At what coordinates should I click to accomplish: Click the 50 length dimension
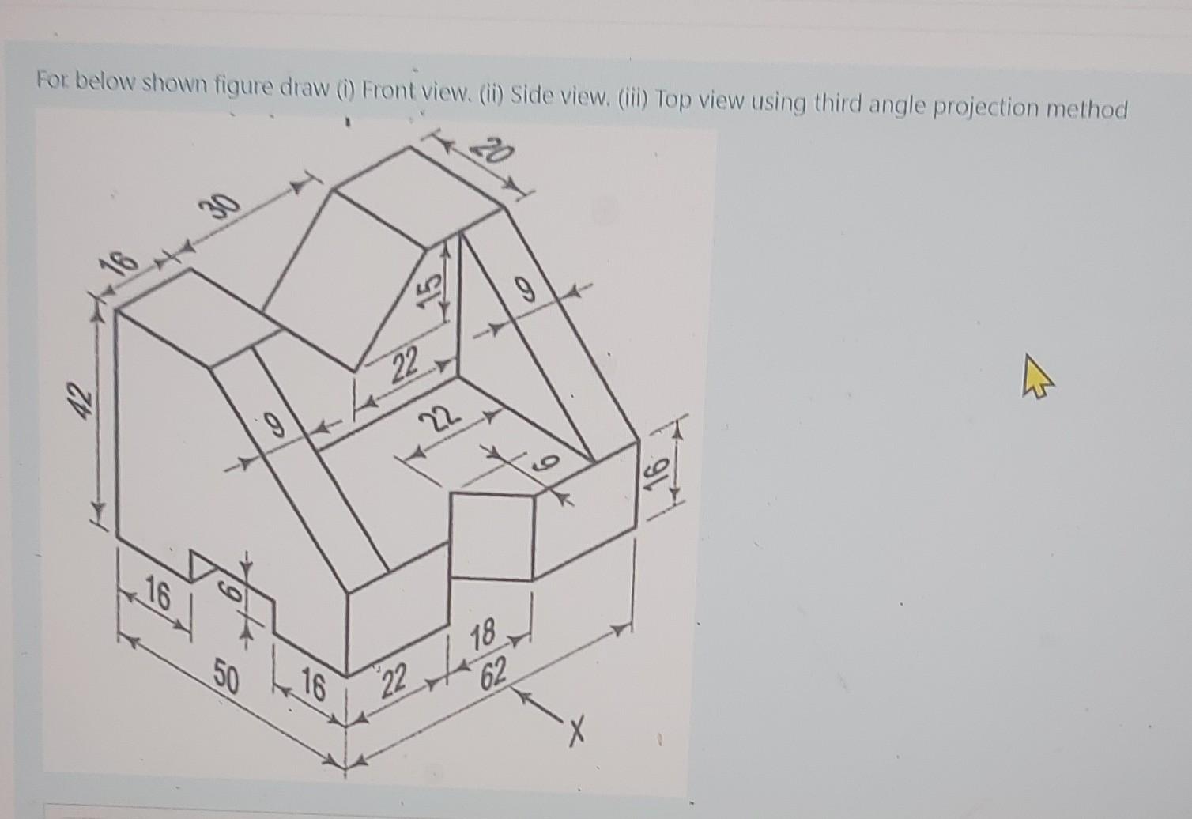pos(226,676)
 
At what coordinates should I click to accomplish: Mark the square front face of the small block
pos(492,535)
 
